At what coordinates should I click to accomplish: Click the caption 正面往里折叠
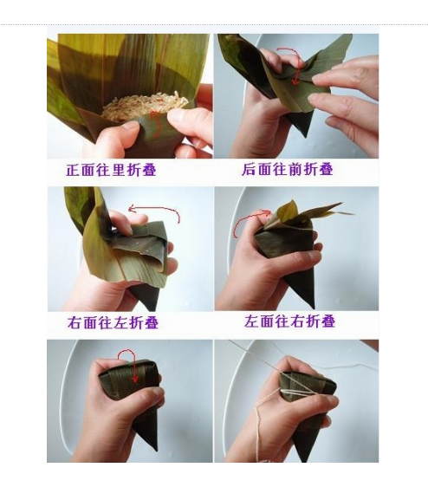111,170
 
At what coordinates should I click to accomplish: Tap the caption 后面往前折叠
288,169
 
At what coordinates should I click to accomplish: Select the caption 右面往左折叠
113,322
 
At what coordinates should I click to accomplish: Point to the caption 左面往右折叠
289,321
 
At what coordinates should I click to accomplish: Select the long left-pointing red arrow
155,208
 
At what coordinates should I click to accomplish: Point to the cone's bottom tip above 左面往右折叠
313,308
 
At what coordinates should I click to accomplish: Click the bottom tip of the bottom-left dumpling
155,450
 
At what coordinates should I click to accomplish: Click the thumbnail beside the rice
178,117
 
